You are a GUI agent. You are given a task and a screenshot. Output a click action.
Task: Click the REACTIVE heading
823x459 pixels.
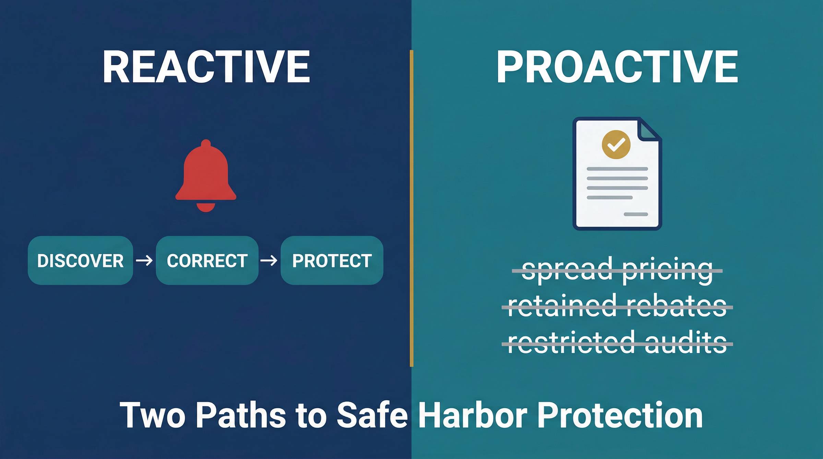coord(206,67)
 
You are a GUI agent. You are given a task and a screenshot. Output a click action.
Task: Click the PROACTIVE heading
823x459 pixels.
coord(617,67)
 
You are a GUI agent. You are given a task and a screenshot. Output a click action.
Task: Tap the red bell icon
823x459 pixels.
coord(206,176)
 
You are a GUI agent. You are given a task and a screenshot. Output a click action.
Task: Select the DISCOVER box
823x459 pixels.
coord(80,261)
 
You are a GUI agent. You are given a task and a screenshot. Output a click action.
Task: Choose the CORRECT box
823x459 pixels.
coord(207,261)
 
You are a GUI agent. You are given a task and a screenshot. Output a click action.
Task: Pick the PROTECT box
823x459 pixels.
coord(332,261)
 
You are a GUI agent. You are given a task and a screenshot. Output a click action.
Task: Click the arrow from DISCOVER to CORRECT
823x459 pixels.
coord(144,261)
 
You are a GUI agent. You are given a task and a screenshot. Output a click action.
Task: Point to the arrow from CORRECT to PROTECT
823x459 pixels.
coord(269,261)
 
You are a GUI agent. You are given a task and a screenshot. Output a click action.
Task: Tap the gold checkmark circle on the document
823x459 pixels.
coord(616,144)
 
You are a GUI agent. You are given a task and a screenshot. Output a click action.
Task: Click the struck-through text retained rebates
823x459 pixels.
coord(617,306)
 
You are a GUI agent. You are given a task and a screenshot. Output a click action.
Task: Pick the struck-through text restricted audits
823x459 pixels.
coord(617,342)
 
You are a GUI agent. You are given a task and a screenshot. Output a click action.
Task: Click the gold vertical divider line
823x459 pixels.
coord(411,208)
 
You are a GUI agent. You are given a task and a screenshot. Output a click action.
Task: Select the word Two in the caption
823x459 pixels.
coord(152,415)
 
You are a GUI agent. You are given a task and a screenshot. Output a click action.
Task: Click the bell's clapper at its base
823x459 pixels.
coord(206,207)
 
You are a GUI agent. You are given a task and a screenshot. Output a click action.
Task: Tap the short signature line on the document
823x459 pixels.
coord(636,214)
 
